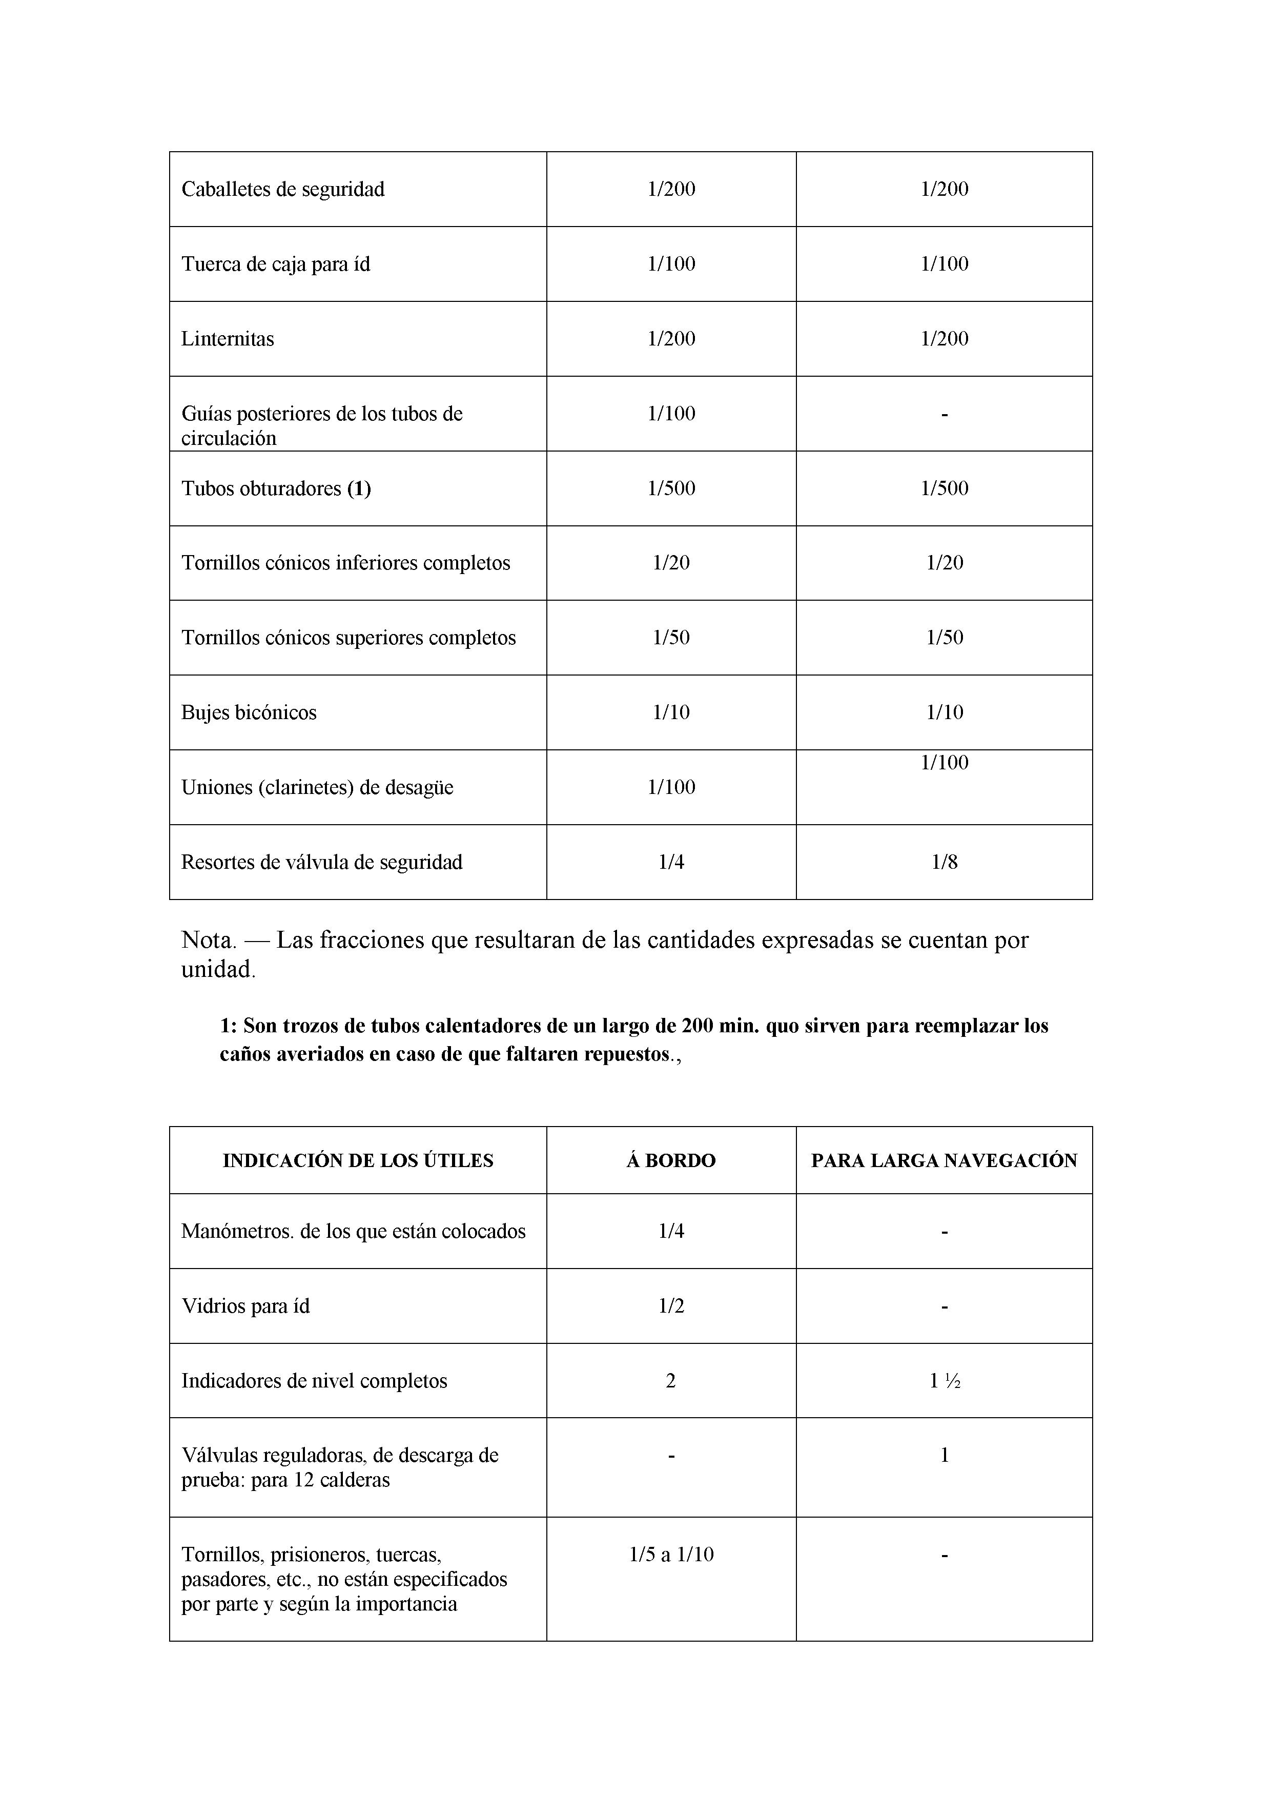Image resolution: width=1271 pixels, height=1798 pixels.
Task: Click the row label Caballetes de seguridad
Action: [x=283, y=190]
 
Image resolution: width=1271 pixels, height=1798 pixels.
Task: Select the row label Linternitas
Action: [x=228, y=339]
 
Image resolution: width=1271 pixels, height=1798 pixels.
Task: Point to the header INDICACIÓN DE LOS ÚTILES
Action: [x=358, y=1160]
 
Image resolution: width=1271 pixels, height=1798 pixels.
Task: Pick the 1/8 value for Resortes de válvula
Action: [x=945, y=862]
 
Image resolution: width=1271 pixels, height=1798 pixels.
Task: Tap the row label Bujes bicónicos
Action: [x=249, y=712]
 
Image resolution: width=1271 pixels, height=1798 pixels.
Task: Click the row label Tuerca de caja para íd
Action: [x=276, y=264]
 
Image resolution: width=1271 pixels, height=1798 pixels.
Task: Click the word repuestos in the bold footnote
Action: [x=626, y=1054]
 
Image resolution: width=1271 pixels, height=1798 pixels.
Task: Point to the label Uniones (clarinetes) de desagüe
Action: [x=317, y=788]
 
